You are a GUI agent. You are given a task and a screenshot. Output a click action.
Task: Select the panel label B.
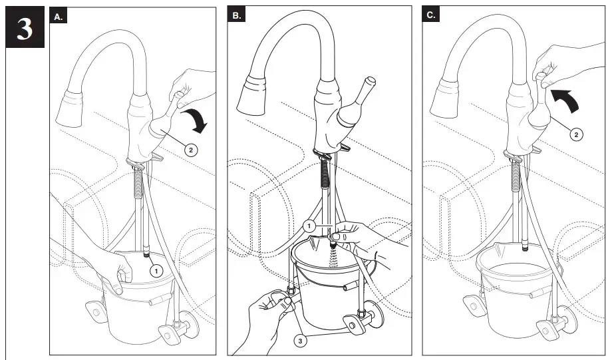237,16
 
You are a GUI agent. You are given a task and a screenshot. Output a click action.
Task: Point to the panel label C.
432,16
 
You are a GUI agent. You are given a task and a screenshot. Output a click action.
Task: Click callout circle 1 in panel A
156,271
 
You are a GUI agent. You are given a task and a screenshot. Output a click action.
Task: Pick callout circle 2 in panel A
191,150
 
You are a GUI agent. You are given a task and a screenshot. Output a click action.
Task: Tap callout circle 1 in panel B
309,226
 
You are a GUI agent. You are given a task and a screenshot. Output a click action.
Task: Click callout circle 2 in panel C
576,134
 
